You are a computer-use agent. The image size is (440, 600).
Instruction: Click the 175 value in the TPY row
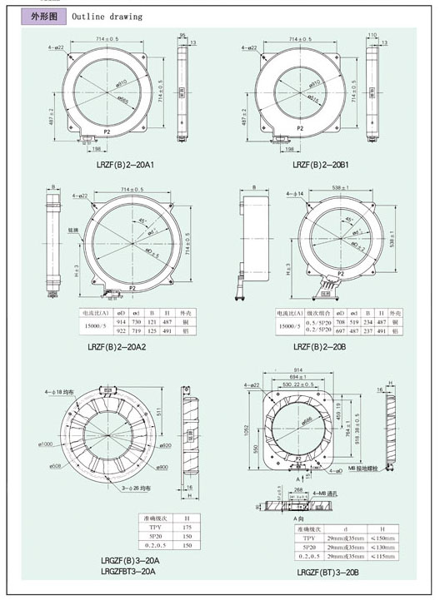coord(189,527)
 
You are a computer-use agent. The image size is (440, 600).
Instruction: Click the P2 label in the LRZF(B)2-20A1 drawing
coord(107,131)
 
